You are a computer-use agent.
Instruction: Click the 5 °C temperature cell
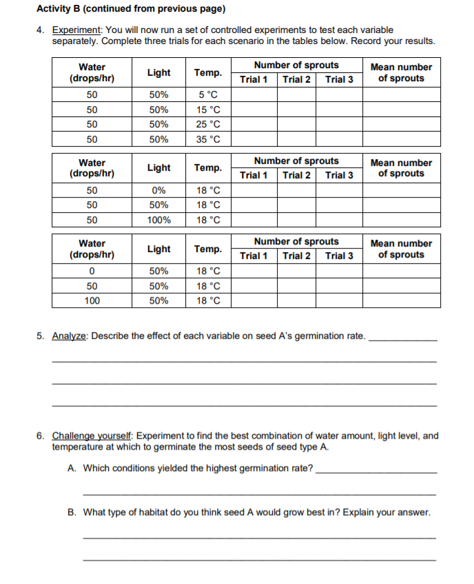[x=208, y=94]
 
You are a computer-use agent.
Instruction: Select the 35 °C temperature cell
[x=208, y=139]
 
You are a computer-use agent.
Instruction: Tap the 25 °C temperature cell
[x=208, y=125]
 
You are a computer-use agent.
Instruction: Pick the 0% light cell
[x=159, y=190]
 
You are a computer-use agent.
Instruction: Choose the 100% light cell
[x=159, y=220]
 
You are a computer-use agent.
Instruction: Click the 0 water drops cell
[x=92, y=271]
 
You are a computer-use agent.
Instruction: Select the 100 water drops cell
[x=92, y=301]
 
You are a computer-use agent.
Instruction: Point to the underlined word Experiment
[x=78, y=30]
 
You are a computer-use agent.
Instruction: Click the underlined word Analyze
[x=70, y=336]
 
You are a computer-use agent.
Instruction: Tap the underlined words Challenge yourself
[x=94, y=436]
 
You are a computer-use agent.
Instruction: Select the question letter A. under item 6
[x=72, y=468]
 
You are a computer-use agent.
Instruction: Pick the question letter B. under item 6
[x=72, y=512]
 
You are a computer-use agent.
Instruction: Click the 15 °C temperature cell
[x=208, y=109]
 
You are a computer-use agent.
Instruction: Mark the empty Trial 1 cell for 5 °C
[x=254, y=94]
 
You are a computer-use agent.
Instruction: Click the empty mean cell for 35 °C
[x=401, y=139]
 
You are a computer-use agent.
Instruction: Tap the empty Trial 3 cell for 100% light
[x=339, y=220]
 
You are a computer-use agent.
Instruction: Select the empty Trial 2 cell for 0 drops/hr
[x=296, y=271]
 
